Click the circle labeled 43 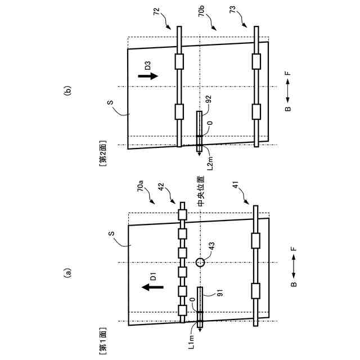pos(199,262)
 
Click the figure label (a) pos(69,274)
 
